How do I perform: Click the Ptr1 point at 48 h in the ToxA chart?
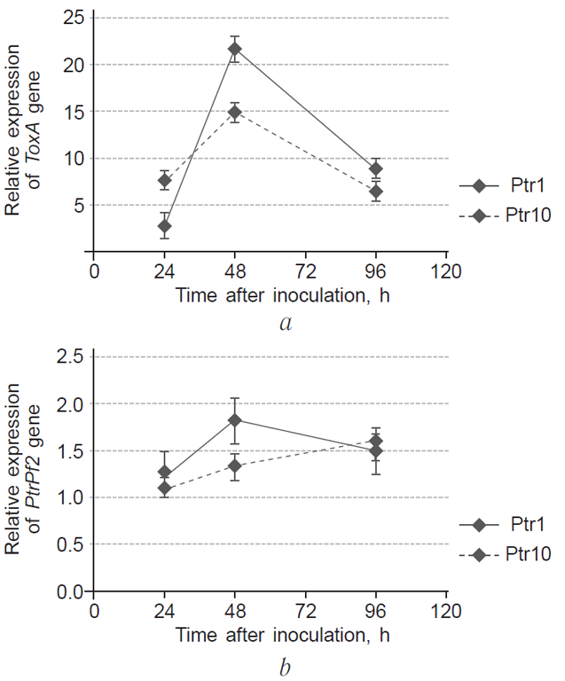point(235,49)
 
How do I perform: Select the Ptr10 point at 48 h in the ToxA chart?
point(235,113)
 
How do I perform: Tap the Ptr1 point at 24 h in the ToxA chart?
point(164,226)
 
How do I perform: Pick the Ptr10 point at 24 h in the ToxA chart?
point(164,181)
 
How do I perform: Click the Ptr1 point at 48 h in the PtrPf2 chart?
point(235,420)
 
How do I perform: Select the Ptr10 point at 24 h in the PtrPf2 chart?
point(164,488)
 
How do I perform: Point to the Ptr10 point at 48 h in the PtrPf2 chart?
point(235,466)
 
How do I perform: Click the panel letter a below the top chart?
point(285,323)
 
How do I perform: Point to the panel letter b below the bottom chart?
point(285,662)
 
